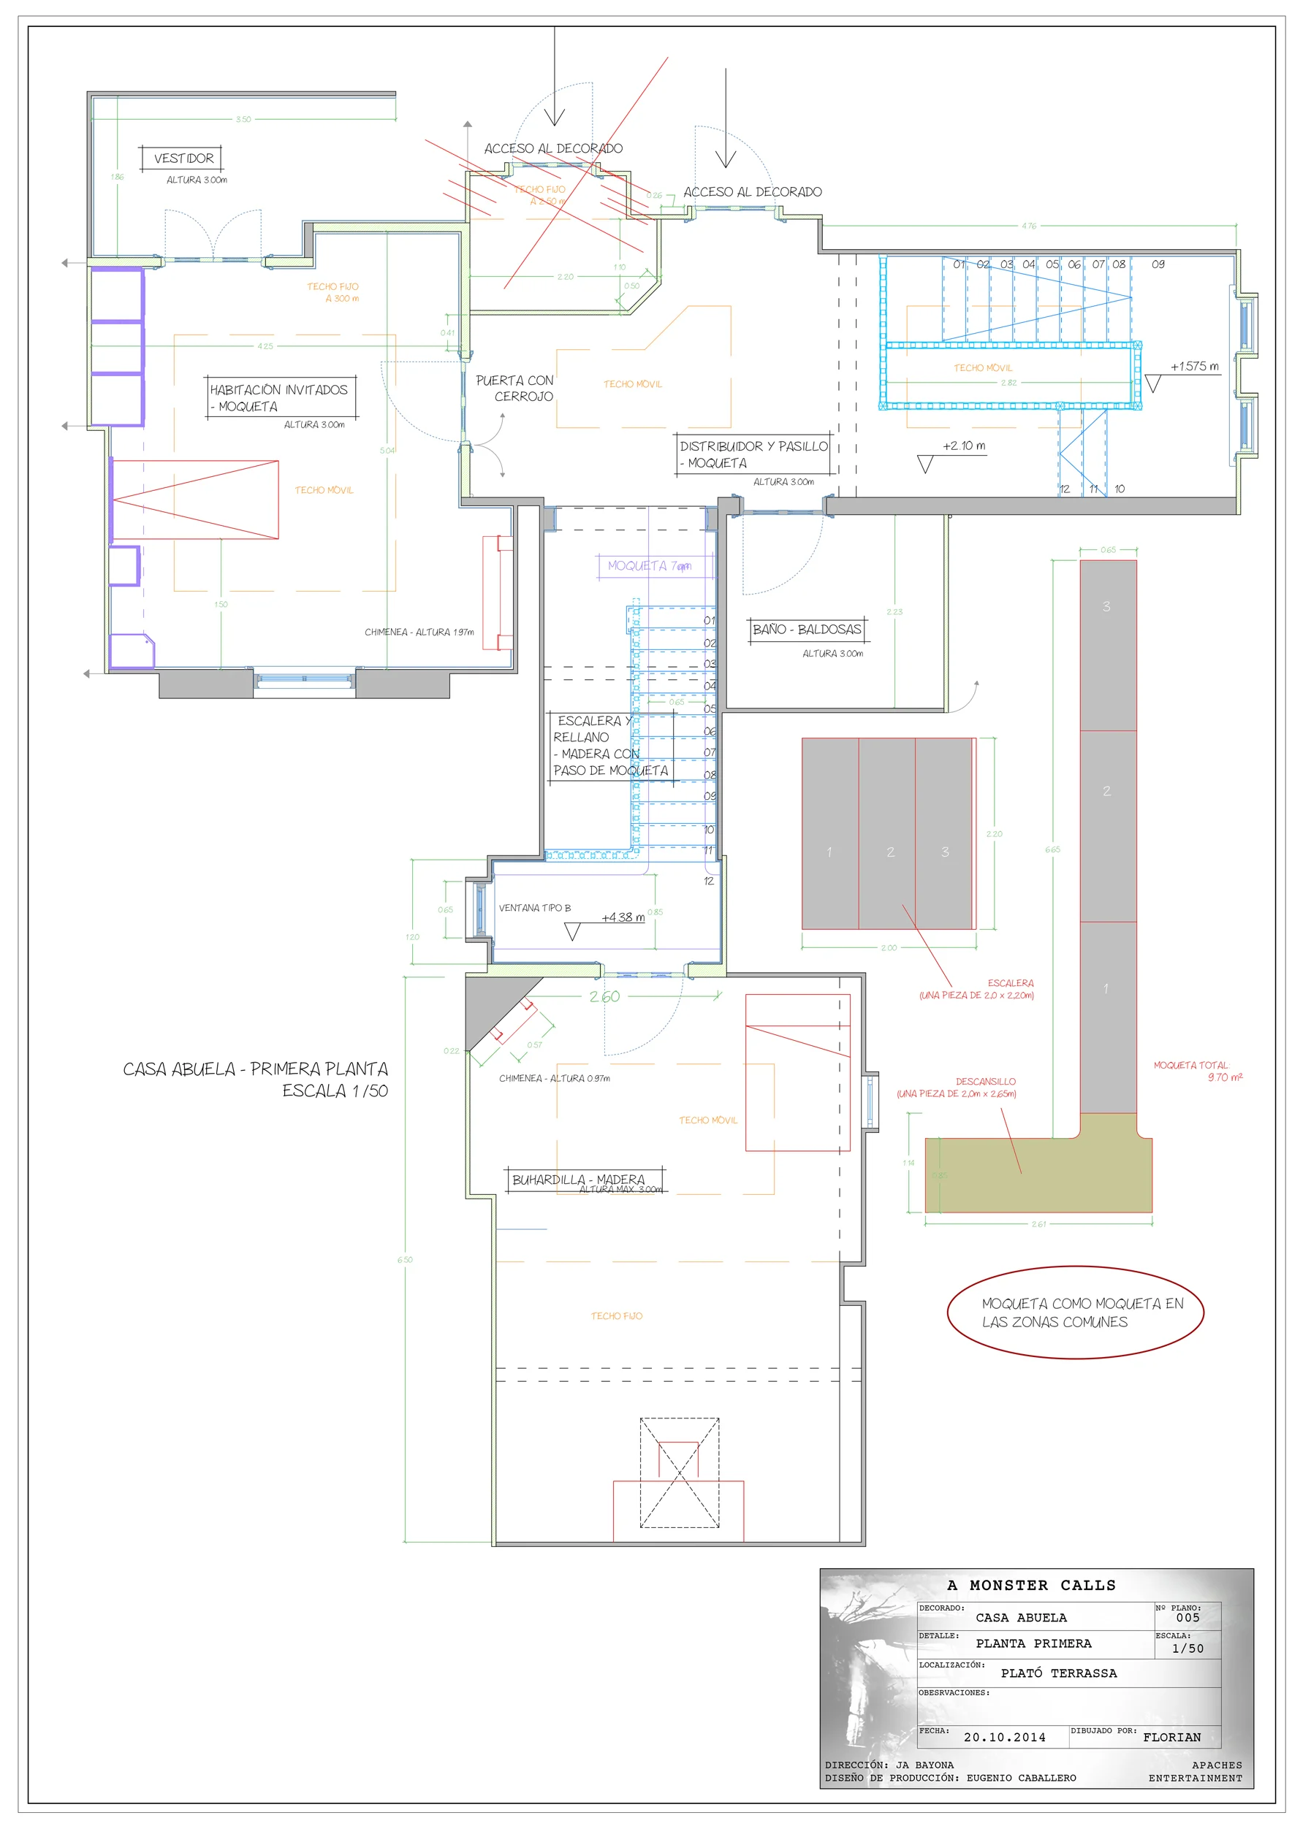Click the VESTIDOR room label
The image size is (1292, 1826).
coord(183,158)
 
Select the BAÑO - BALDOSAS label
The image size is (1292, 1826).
coord(807,629)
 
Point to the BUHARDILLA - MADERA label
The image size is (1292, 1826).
coord(578,1180)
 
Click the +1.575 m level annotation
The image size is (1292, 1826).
coord(1193,367)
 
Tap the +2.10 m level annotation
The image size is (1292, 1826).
coord(963,446)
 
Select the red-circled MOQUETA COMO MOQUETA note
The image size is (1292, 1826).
coord(1075,1313)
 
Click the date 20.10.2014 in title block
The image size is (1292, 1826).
coord(1004,1737)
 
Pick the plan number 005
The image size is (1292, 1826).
coord(1187,1618)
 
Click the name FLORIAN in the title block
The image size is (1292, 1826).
coord(1171,1737)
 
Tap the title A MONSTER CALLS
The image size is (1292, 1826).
coord(1031,1585)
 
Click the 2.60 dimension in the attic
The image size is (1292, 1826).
coord(604,996)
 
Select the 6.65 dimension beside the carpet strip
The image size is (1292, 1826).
coord(1052,849)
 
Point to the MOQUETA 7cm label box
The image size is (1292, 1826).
coord(649,565)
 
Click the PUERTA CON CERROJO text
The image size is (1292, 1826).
coord(514,388)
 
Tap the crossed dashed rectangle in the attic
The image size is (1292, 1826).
coord(680,1473)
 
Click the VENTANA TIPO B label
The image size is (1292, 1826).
coord(535,907)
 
